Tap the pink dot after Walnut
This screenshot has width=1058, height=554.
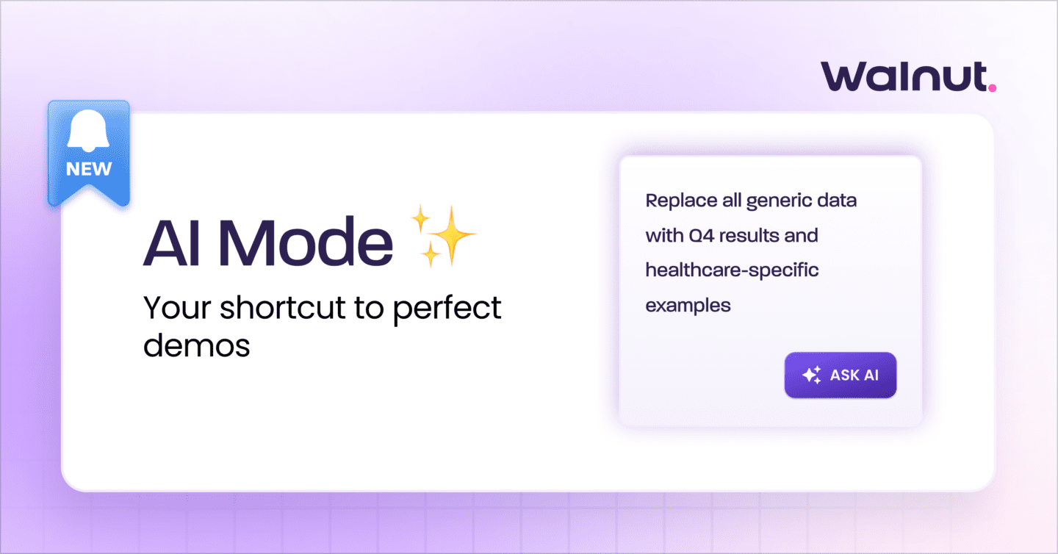pos(992,87)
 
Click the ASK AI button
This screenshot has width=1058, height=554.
pos(840,375)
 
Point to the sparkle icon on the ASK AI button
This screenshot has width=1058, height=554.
pos(811,375)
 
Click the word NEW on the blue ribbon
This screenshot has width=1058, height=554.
pos(89,169)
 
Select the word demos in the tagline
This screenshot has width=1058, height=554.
pos(196,344)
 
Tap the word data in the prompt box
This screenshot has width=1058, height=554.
pos(839,201)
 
